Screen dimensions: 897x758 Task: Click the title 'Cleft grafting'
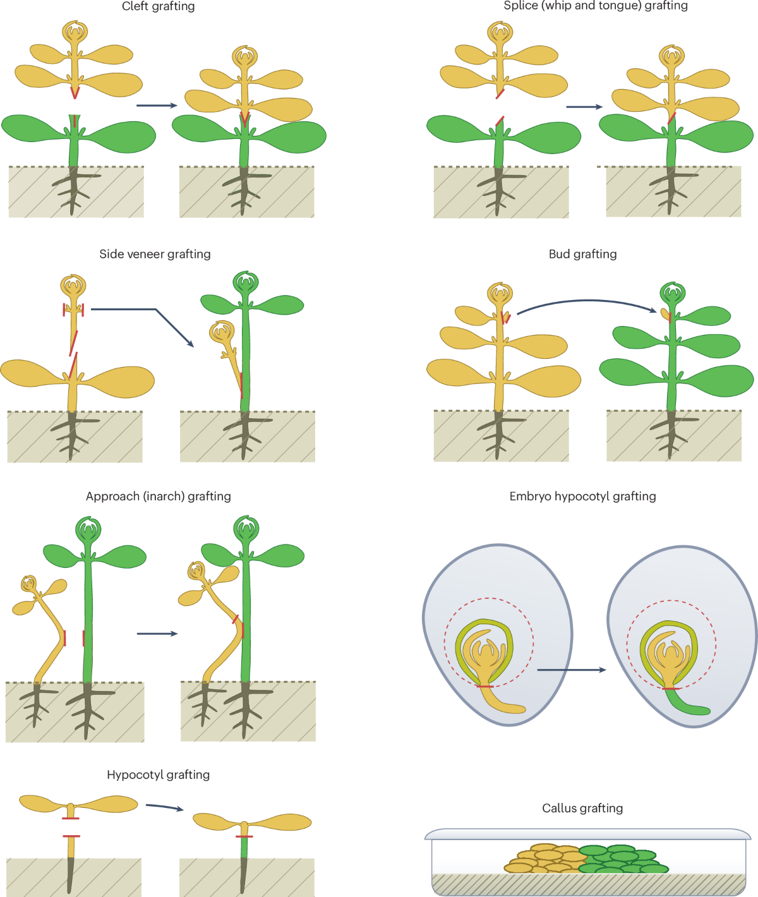coord(158,6)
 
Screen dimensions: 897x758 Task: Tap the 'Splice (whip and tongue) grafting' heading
coord(596,6)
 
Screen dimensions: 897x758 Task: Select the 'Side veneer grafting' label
coord(155,254)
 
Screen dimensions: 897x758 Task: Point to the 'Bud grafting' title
coord(582,254)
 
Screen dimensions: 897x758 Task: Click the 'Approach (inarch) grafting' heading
coord(158,497)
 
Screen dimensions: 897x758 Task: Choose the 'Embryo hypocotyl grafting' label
coord(582,497)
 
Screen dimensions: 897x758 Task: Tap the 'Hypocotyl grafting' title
coord(158,775)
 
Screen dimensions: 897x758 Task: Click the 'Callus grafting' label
coord(582,809)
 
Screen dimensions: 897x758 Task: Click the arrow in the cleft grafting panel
coord(157,105)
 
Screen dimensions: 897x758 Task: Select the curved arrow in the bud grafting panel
coord(587,303)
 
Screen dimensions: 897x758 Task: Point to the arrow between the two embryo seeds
coord(571,670)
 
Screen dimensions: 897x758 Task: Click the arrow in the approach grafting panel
coord(157,634)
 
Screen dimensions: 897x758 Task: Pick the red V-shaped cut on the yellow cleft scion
coord(75,93)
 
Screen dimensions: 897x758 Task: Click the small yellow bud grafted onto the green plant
coord(665,313)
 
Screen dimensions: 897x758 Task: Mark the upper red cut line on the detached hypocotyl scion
coord(71,819)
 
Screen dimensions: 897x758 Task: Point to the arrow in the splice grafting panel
coord(584,107)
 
